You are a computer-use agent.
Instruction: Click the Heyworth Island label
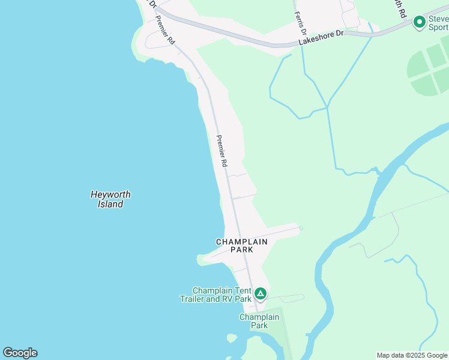[x=110, y=199]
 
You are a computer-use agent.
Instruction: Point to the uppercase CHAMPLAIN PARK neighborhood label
[x=242, y=245]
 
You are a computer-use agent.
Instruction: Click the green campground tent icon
[x=260, y=293]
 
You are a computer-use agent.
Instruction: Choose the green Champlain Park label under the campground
[x=259, y=321]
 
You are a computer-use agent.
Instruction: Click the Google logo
[x=20, y=353]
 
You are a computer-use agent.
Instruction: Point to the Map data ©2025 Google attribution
[x=411, y=355]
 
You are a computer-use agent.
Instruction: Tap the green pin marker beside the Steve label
[x=419, y=23]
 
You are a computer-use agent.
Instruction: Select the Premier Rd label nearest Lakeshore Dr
[x=164, y=30]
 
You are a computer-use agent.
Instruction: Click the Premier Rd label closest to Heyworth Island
[x=221, y=151]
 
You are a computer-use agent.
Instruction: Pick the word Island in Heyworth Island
[x=110, y=204]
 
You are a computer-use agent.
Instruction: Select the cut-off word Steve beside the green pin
[x=438, y=19]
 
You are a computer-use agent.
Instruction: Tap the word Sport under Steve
[x=438, y=27]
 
